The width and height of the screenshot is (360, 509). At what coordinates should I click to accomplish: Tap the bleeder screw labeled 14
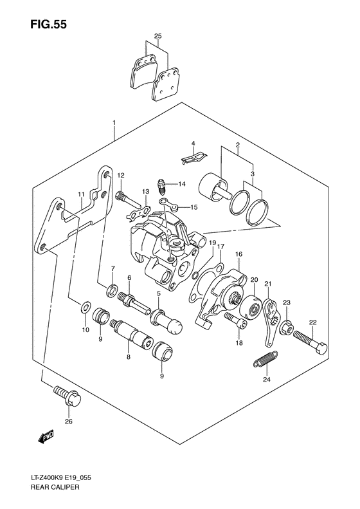tap(164, 185)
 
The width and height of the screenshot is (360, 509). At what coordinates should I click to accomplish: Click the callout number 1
tap(113, 122)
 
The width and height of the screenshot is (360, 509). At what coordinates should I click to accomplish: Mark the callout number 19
tap(210, 242)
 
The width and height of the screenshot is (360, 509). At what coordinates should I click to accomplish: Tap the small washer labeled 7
tap(112, 286)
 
